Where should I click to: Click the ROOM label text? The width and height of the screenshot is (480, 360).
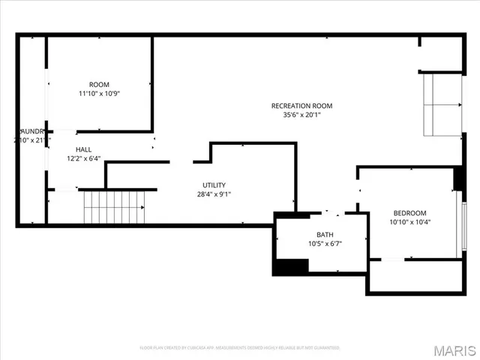99,84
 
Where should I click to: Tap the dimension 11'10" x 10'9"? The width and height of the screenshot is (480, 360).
99,94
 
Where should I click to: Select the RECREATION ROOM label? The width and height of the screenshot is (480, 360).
301,106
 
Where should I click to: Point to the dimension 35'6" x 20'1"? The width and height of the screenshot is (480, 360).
301,115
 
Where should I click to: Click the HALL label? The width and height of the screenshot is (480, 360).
83,149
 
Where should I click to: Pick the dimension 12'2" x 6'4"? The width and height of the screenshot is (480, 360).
83,158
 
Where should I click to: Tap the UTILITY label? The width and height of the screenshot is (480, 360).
214,185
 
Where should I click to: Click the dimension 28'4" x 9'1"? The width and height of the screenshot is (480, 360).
214,194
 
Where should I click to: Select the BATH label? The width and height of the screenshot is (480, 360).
325,234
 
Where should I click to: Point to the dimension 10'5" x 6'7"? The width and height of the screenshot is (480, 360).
325,244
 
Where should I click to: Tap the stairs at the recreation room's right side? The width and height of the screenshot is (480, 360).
442,104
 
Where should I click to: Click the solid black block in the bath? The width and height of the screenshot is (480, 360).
291,266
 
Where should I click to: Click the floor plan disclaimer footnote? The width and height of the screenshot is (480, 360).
239,348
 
